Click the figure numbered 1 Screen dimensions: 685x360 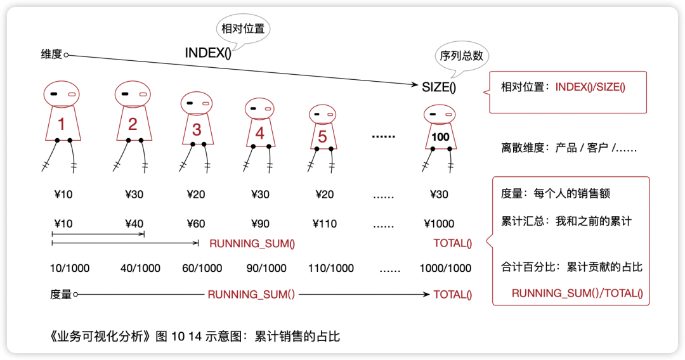click(x=62, y=120)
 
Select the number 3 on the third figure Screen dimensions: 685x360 click(x=197, y=129)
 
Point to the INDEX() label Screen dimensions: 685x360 click(x=208, y=53)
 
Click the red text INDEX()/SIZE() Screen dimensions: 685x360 click(x=590, y=87)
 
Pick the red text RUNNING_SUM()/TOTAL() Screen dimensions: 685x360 click(x=577, y=293)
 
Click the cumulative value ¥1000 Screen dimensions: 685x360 click(x=439, y=224)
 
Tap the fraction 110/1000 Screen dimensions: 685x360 click(x=330, y=268)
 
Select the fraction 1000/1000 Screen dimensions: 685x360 click(x=445, y=268)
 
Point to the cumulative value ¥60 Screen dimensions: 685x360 click(x=196, y=224)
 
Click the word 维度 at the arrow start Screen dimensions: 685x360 click(x=51, y=55)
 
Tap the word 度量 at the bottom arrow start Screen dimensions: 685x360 click(x=60, y=294)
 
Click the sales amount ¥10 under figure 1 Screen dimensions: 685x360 click(x=63, y=195)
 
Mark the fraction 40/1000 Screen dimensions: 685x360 click(x=140, y=268)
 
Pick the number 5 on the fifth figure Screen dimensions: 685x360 click(x=322, y=136)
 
